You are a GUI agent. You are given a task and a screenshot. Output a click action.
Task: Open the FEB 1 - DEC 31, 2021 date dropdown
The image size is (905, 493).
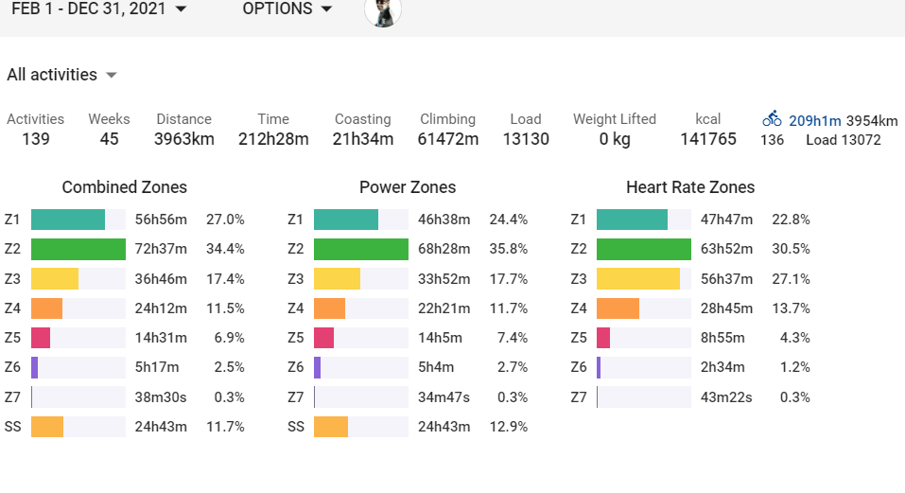(98, 9)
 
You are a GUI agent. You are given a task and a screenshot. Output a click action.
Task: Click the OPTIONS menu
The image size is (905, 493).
(287, 9)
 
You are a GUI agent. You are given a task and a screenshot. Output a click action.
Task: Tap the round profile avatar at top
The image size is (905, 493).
(383, 10)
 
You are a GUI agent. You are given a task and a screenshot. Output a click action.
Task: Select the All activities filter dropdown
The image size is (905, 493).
(61, 75)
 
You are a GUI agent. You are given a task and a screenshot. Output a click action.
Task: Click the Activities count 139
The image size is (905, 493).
(35, 140)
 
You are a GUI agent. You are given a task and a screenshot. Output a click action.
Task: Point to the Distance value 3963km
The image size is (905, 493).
(184, 140)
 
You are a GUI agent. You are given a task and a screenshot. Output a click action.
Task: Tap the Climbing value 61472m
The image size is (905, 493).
(448, 140)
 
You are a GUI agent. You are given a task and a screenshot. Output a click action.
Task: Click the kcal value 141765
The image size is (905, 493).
(708, 140)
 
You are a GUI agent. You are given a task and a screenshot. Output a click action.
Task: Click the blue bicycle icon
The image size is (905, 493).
(772, 120)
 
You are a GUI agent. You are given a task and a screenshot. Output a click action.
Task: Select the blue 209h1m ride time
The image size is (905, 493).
(814, 120)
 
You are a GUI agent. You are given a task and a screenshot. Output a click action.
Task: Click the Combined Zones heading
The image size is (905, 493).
(124, 187)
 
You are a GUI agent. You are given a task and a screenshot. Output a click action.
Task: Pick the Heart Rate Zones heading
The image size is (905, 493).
(690, 187)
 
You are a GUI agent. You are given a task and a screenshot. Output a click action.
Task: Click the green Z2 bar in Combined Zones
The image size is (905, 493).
(78, 250)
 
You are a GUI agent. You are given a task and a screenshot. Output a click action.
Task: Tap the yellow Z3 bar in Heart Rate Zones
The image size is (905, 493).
(638, 279)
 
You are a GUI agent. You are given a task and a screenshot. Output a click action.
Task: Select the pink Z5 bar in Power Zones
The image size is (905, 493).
(323, 338)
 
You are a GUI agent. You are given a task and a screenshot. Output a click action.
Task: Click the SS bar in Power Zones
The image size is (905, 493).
(331, 427)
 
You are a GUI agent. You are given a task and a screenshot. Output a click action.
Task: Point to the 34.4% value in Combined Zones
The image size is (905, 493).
(225, 250)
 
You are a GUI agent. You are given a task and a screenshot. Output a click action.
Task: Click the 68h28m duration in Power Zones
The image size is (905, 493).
(444, 250)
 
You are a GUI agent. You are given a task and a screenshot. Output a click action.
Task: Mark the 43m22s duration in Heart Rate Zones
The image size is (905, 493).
(726, 397)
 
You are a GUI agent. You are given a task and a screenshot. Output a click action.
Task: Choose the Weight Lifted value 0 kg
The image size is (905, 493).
(614, 140)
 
